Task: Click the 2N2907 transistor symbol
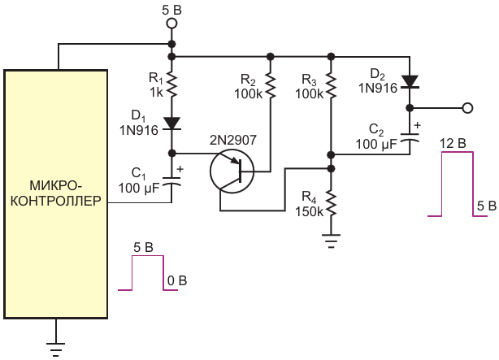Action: [x=232, y=171]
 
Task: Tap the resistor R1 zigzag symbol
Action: [x=171, y=84]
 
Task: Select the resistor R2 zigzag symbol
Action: [x=270, y=86]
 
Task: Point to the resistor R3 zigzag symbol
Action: [x=331, y=86]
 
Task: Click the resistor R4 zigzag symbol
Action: [x=331, y=204]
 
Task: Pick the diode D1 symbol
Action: [x=171, y=124]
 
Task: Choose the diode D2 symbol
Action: [x=410, y=81]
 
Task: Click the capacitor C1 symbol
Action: [x=171, y=181]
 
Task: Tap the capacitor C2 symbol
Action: [x=410, y=137]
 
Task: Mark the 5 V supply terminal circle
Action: [x=171, y=24]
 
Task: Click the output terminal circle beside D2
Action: [x=467, y=108]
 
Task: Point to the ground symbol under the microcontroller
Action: [x=56, y=349]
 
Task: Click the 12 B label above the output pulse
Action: [x=453, y=144]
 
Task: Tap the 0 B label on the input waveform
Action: [x=177, y=280]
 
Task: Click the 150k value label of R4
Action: [x=309, y=211]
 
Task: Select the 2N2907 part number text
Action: [x=233, y=140]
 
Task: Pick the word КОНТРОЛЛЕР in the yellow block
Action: [x=56, y=201]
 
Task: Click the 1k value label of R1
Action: [x=156, y=93]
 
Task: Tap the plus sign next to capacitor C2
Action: [x=417, y=125]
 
